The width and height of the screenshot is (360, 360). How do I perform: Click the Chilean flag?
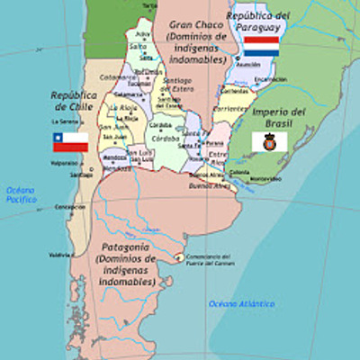click(x=70, y=141)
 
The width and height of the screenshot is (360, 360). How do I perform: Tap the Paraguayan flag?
click(x=262, y=45)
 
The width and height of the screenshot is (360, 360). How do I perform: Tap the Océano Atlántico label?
click(x=240, y=304)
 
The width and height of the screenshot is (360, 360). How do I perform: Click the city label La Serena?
click(x=63, y=121)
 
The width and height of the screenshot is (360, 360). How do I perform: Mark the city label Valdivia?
click(x=61, y=255)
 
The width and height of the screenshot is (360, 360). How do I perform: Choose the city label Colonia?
click(x=239, y=171)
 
